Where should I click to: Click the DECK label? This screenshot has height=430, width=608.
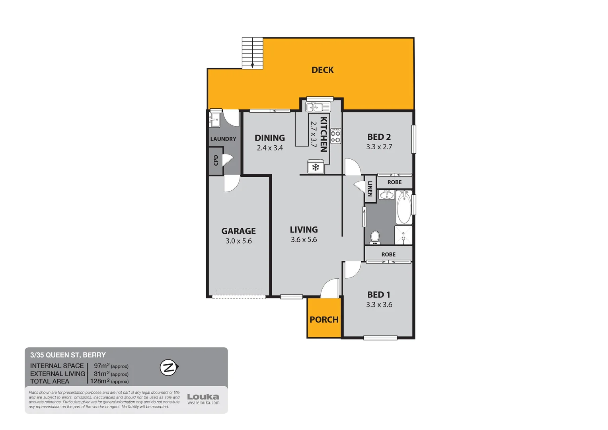(322, 70)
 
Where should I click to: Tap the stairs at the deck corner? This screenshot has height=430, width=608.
(253, 53)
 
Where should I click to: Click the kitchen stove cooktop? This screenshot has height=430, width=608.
(335, 136)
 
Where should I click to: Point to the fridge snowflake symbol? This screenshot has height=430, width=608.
(316, 167)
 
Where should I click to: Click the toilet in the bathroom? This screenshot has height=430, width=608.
(375, 238)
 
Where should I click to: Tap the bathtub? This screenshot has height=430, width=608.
(404, 207)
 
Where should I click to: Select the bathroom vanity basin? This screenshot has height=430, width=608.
(386, 195)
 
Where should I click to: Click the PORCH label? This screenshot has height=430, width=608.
(324, 320)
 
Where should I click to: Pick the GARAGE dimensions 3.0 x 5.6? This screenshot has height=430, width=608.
(238, 241)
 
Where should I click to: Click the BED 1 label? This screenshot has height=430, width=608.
(378, 295)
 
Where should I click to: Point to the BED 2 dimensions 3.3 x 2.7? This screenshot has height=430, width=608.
(379, 147)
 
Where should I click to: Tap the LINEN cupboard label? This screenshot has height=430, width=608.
(370, 189)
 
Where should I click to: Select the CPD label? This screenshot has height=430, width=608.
(216, 160)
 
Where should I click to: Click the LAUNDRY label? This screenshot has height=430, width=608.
(223, 139)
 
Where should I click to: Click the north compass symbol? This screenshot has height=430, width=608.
(169, 367)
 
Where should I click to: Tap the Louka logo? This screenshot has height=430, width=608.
(203, 397)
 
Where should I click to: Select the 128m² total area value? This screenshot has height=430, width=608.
(100, 381)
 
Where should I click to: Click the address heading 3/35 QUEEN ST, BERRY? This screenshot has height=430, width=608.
(68, 355)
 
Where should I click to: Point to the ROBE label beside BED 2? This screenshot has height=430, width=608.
(394, 182)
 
